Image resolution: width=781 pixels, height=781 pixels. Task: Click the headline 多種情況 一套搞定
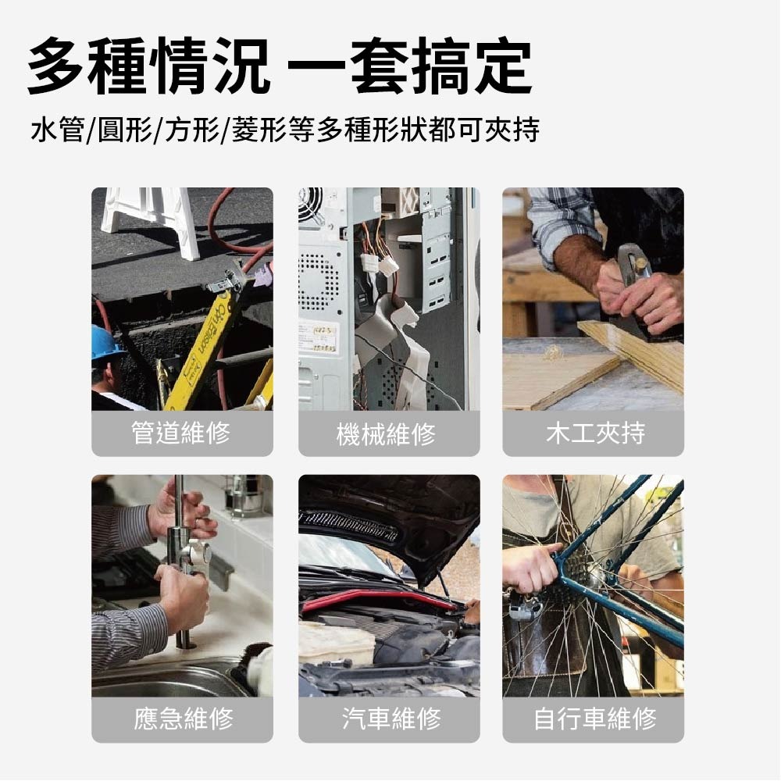[x=280, y=67]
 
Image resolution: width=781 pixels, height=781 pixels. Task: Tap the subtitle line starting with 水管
[x=285, y=130]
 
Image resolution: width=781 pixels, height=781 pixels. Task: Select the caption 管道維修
[x=182, y=433]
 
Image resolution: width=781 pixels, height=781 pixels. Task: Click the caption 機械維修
[x=388, y=433]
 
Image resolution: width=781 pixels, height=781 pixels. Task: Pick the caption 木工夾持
[x=593, y=433]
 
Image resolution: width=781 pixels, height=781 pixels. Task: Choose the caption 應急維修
[x=182, y=719]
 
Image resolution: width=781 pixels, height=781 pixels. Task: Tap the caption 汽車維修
[x=388, y=719]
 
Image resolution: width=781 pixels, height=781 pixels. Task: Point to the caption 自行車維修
[x=593, y=719]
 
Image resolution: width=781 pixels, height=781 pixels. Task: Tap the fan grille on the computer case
[x=310, y=205]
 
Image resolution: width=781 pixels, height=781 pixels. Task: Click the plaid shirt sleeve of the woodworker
[x=558, y=223]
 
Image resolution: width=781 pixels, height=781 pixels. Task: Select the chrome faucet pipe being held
[x=180, y=562]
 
